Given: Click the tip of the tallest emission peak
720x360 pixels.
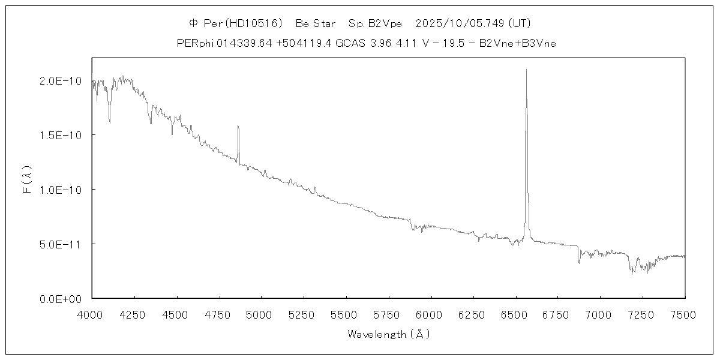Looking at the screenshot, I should click(526, 70).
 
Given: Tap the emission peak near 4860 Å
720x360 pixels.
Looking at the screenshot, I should click(238, 125).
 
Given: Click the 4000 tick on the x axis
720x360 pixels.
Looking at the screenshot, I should click(92, 313).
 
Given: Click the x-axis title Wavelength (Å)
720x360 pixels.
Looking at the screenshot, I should click(388, 334).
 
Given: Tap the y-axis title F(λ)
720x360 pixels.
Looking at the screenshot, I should click(27, 180).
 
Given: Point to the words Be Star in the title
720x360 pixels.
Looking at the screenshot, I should click(316, 23).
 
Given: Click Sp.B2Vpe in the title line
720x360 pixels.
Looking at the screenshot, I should click(375, 23).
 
